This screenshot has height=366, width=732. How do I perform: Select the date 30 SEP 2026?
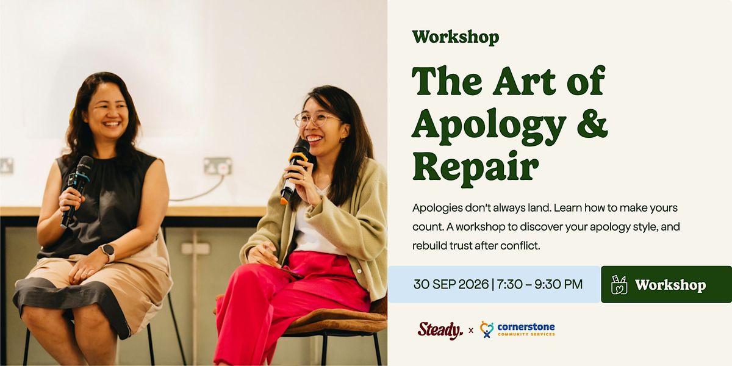[451, 284]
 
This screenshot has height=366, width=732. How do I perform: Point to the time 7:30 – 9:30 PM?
[540, 284]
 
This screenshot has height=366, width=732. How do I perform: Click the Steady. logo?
[440, 331]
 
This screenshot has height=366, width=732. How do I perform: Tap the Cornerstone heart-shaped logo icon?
[487, 329]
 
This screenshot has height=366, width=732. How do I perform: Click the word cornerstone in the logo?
[526, 327]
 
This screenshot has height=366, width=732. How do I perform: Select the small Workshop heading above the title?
[456, 37]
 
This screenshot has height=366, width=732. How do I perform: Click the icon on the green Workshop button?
[619, 285]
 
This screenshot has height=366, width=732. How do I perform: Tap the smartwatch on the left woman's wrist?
[108, 251]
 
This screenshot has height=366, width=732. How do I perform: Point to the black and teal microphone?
[77, 191]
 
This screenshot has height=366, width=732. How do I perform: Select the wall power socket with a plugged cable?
[218, 166]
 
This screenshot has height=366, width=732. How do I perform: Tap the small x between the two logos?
[471, 331]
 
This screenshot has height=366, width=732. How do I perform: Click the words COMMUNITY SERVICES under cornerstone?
[526, 334]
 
